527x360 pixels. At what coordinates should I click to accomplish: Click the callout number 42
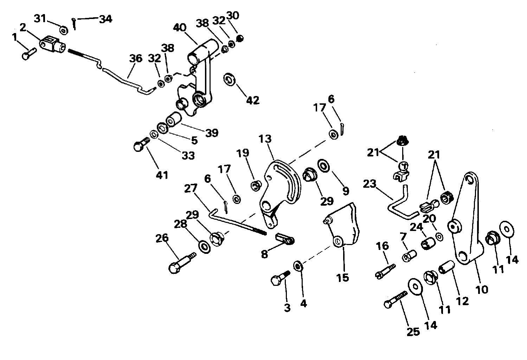pyautogui.click(x=253, y=100)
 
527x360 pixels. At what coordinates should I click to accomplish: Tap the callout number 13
pyautogui.click(x=265, y=139)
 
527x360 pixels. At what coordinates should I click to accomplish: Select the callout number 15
pyautogui.click(x=343, y=278)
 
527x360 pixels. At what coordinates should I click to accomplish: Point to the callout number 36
pyautogui.click(x=136, y=58)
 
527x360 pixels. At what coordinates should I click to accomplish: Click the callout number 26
pyautogui.click(x=162, y=238)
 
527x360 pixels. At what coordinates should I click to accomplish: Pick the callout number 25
pyautogui.click(x=413, y=332)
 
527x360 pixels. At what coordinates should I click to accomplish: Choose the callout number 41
pyautogui.click(x=162, y=175)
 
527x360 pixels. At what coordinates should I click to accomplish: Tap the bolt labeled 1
pyautogui.click(x=29, y=54)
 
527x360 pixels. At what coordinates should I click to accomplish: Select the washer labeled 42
pyautogui.click(x=229, y=79)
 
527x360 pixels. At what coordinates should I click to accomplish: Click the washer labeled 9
pyautogui.click(x=324, y=166)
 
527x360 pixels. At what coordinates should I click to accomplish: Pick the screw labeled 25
pyautogui.click(x=396, y=299)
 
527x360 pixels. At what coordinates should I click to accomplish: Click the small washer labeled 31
pyautogui.click(x=64, y=30)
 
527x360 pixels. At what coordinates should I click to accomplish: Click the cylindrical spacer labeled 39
pyautogui.click(x=174, y=119)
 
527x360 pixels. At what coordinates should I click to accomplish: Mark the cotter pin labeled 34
pyautogui.click(x=74, y=24)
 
